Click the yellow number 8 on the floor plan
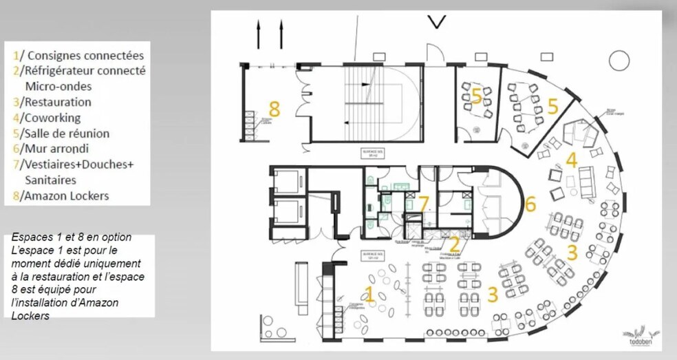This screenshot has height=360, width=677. (x=275, y=109)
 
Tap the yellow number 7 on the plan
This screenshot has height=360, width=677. (x=424, y=204)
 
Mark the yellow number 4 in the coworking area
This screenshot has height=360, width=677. (x=571, y=160)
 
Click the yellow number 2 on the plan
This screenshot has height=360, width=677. (x=455, y=244)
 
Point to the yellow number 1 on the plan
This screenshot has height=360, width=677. (x=369, y=295)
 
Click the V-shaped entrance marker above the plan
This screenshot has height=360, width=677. (x=436, y=22)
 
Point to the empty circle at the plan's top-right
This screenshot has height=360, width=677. (x=619, y=61)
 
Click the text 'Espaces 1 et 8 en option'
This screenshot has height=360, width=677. (x=72, y=237)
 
